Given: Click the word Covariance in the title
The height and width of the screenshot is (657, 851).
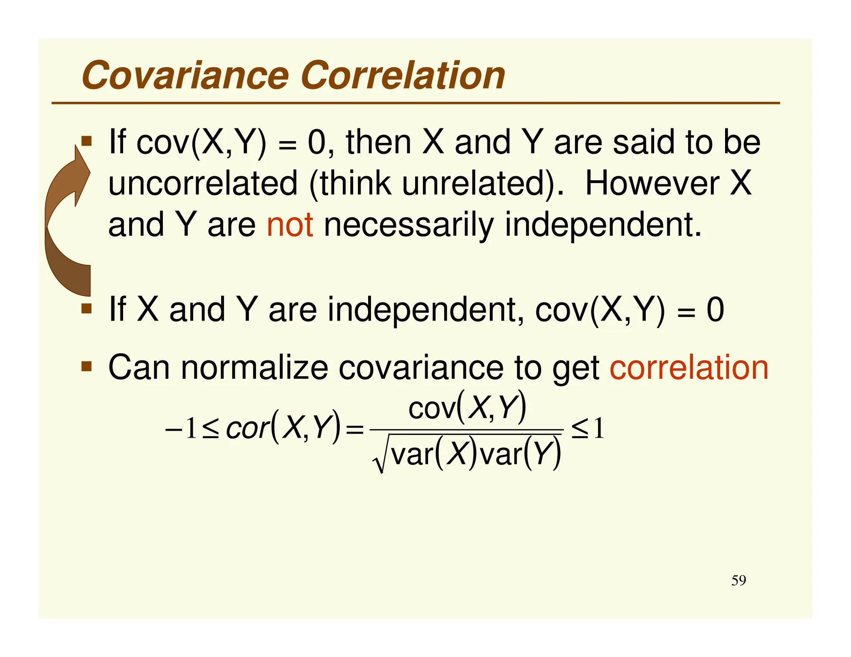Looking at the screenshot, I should pos(185,76).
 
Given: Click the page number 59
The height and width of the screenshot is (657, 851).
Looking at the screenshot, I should pos(738,580).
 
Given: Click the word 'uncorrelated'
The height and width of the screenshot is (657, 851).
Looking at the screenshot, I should pos(203,184).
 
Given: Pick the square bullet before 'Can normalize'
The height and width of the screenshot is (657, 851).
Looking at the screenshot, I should pos(86,366).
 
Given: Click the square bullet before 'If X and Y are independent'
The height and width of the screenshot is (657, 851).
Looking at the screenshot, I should pos(86,309).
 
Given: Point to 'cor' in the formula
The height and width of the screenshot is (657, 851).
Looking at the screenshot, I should pos(247,429).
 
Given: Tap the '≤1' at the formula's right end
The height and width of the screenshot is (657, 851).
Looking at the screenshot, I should pos(587,429).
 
